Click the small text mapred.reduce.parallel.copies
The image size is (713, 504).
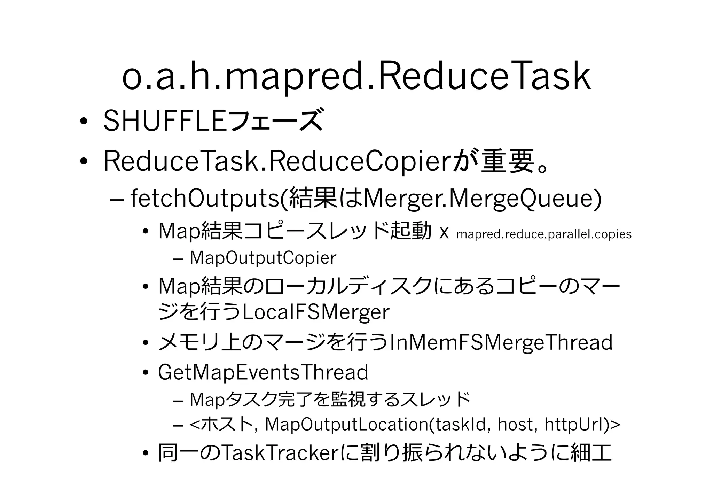click(543, 234)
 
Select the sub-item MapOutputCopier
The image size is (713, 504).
click(263, 258)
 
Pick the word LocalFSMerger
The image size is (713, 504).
click(315, 312)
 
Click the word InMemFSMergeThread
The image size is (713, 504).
click(501, 342)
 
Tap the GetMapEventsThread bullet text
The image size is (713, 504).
click(263, 372)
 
